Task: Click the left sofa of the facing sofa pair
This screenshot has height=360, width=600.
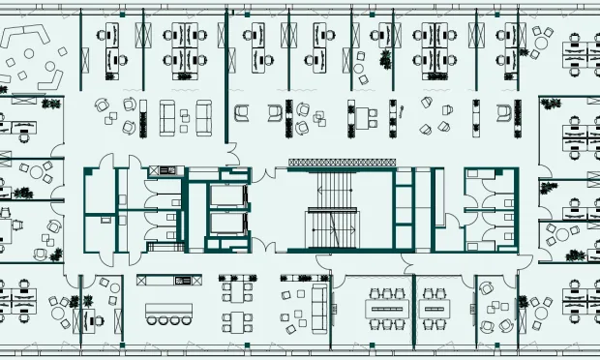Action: click(x=166, y=117)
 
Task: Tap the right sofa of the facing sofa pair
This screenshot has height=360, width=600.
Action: click(x=204, y=117)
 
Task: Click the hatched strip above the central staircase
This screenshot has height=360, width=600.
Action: click(x=339, y=162)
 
